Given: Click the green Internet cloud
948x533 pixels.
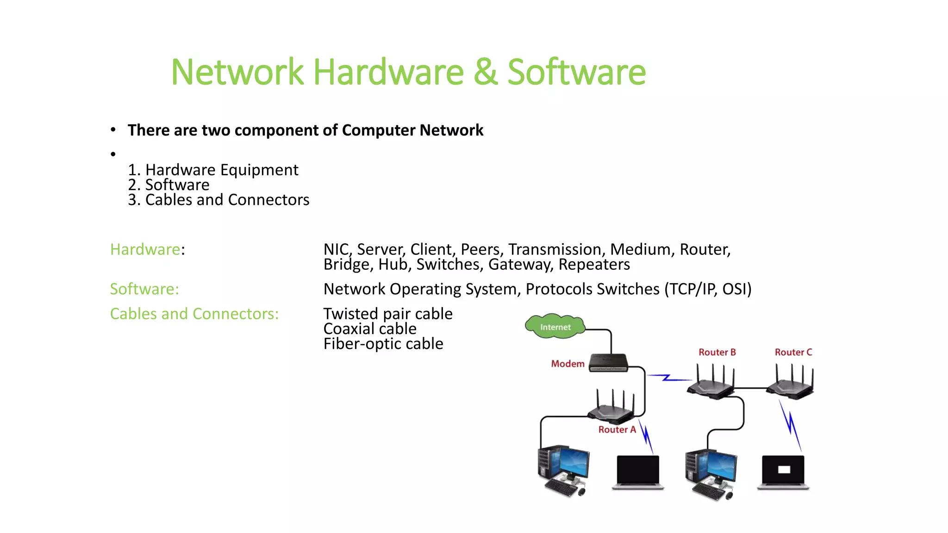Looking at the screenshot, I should coord(555,327).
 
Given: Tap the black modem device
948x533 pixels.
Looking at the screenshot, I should coord(608,363).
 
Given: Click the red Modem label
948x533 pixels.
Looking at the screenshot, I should coord(568,364).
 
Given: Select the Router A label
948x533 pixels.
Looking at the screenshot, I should coord(617,429).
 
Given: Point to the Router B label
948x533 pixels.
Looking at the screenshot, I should coord(717,352).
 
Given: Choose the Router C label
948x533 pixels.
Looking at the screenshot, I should coord(793,352).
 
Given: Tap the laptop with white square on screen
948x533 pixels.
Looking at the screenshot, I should coord(783,471).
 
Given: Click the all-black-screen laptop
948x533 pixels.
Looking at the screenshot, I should coord(638,471).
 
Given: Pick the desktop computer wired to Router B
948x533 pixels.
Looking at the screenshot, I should coord(711,473).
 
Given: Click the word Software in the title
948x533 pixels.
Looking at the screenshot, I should coord(576,72).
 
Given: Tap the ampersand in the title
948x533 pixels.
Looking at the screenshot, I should coord(485,72).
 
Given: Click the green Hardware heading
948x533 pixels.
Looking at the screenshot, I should coord(145,249).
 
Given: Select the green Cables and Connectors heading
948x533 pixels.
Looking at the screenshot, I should coord(194,314).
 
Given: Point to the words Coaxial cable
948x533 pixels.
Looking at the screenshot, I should coord(370,328).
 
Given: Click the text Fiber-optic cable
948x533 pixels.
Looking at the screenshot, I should coord(383,344).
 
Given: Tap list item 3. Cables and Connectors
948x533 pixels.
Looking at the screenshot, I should coord(218,200).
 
